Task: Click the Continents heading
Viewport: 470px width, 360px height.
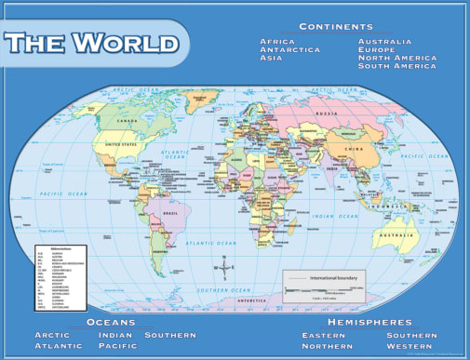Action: tap(336, 27)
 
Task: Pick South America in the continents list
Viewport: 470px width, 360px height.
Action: tap(397, 66)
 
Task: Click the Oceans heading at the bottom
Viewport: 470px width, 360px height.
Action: tap(111, 322)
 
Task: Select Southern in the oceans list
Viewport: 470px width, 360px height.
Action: tap(169, 335)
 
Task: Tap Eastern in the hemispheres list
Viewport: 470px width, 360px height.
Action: tap(324, 335)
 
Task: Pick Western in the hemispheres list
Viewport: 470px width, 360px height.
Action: tap(411, 347)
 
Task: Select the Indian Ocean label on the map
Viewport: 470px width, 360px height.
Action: tap(328, 217)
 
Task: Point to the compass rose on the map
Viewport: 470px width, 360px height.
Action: tap(223, 268)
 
